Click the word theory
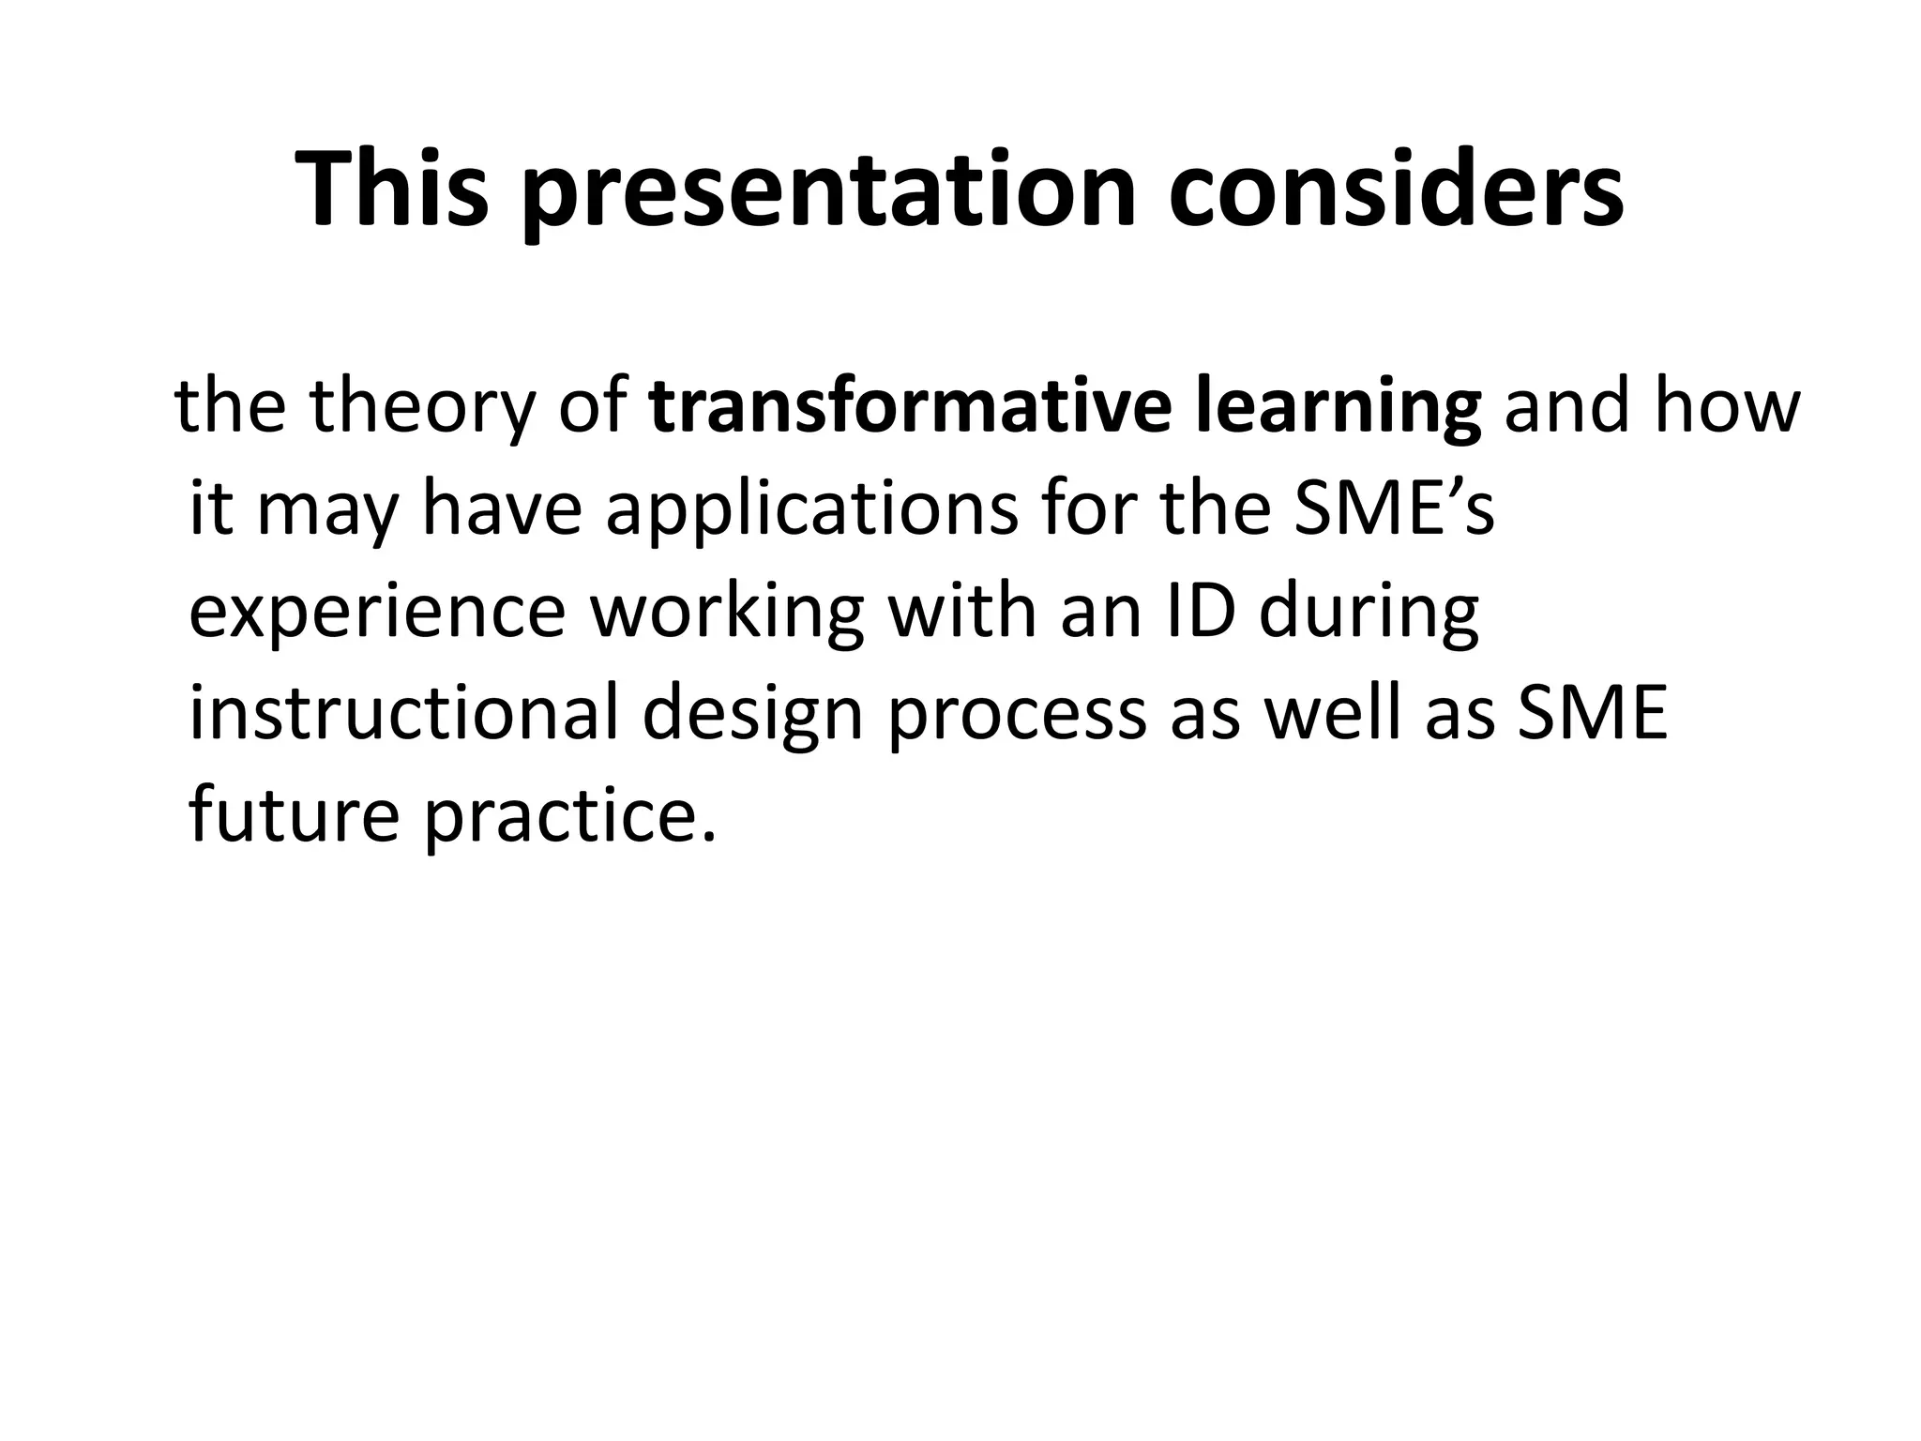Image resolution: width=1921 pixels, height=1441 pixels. (419, 409)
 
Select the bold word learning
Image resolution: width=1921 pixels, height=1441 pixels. (1339, 409)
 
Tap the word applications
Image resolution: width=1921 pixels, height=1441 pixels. (812, 510)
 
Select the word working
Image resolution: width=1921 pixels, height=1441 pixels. (726, 614)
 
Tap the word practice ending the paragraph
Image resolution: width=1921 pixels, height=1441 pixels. (568, 816)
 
